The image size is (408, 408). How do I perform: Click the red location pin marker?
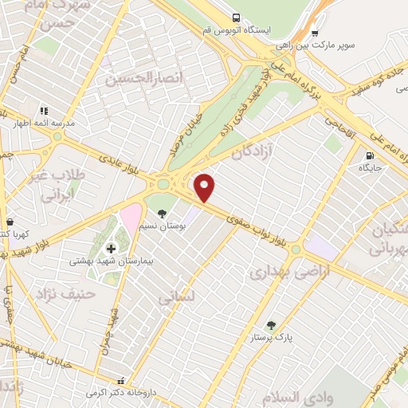coord(205,186)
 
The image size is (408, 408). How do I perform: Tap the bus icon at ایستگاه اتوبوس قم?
coord(236,18)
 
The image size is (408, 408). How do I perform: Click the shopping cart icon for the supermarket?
coord(314,34)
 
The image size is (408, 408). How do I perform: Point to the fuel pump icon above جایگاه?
coord(369,155)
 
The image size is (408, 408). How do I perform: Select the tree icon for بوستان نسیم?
coord(162,214)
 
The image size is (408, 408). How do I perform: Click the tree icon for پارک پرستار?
coord(271,325)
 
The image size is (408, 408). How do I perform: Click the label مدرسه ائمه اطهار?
coord(42,124)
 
